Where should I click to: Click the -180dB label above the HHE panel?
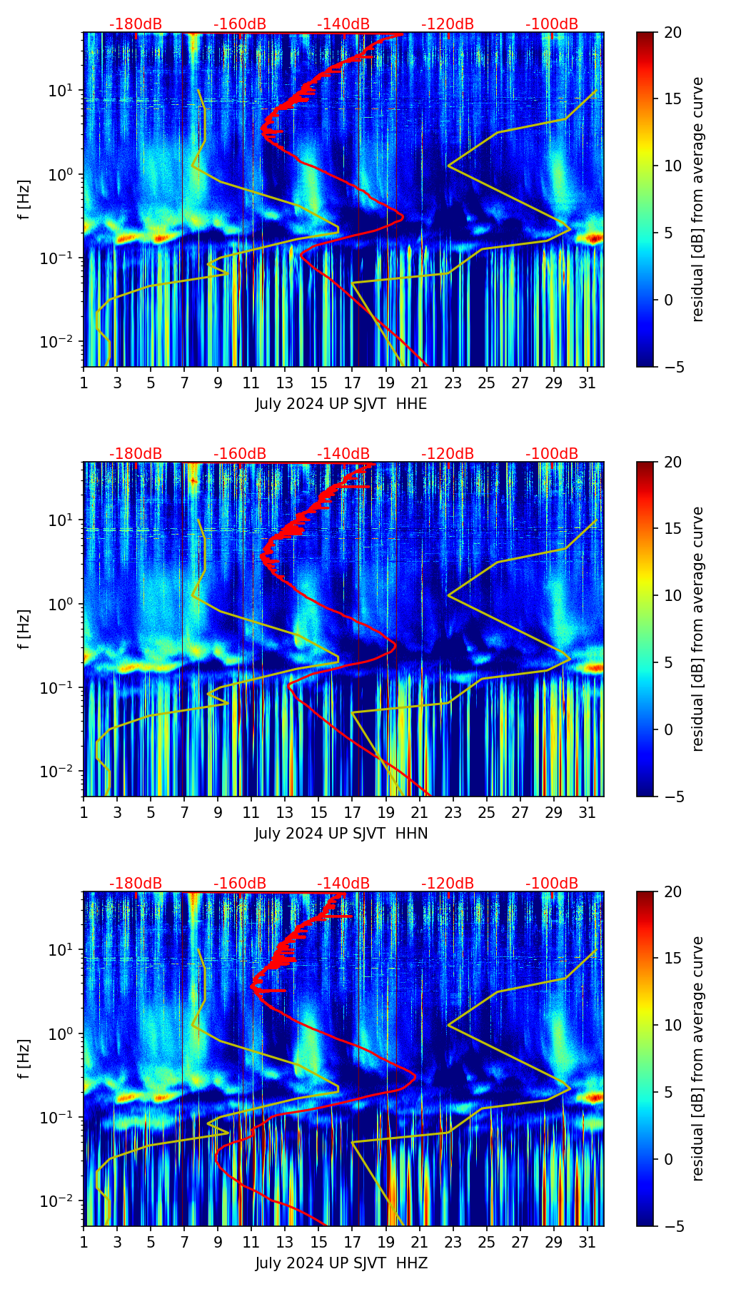click(x=136, y=24)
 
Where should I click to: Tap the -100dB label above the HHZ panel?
click(x=552, y=884)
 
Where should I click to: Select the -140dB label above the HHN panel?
click(x=343, y=454)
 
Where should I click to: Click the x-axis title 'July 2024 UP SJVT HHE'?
click(x=341, y=404)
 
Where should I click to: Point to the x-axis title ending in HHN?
click(x=341, y=834)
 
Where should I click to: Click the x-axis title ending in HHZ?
click(x=341, y=1263)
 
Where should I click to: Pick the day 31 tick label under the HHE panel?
click(x=588, y=384)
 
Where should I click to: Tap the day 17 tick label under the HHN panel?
click(x=353, y=814)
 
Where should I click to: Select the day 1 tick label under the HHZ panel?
click(x=84, y=1243)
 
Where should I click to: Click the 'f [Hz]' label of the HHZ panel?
click(x=25, y=1058)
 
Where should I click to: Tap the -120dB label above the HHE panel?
click(x=448, y=24)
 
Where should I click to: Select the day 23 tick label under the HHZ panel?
click(x=453, y=1243)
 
